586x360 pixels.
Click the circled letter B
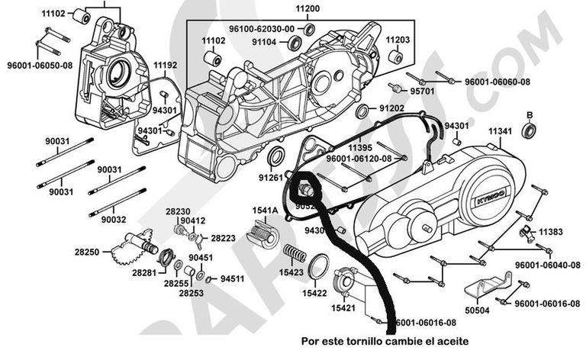tap(527, 115)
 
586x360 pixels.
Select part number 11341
tap(500, 132)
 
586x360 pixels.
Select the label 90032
tap(112, 219)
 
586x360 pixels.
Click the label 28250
tap(87, 250)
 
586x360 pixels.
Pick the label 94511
tap(232, 278)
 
